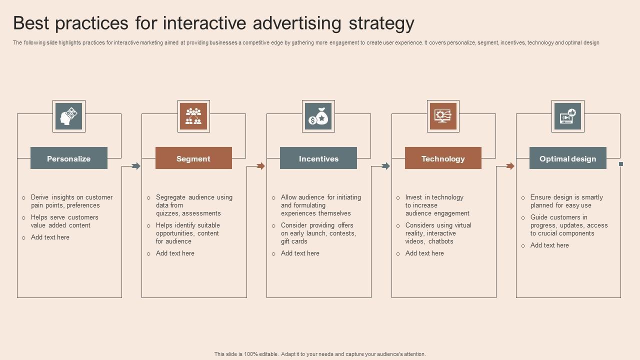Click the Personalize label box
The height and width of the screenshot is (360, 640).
coord(69,158)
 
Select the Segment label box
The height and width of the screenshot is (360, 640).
coord(193,158)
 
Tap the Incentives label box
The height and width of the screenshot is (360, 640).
coord(318,158)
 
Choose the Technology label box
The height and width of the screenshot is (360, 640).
coord(443,158)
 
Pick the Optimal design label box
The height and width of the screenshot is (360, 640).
coord(567,158)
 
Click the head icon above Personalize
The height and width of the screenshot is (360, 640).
coord(69,116)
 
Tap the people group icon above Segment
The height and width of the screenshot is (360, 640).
coord(193,116)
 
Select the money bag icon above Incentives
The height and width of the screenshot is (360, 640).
coord(318,116)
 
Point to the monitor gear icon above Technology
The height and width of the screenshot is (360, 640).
coord(443,116)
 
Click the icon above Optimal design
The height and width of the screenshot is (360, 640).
coord(567,116)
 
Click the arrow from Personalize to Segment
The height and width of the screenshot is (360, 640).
coord(136,166)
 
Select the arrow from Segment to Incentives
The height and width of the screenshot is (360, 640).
coord(260,166)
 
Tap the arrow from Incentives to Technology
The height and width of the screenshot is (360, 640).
coord(385,166)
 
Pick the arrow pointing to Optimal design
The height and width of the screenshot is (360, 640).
coord(510,166)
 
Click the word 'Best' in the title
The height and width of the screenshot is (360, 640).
coord(30,23)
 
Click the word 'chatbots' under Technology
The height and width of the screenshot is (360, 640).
coord(440,241)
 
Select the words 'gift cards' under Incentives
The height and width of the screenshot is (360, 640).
coord(294,241)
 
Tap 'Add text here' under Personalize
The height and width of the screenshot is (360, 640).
coord(50,237)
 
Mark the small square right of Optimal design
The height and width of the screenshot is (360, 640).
coord(621,164)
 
